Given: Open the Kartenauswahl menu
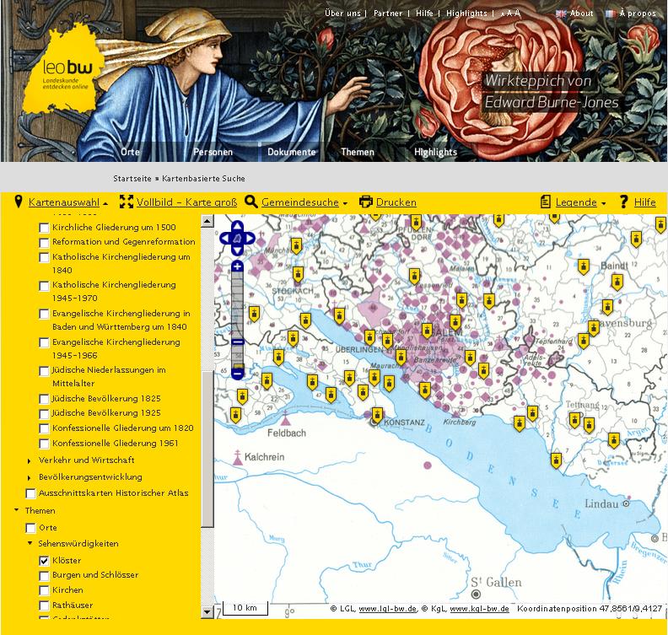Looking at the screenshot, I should (x=63, y=202).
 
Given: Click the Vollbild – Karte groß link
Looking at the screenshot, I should (x=186, y=202).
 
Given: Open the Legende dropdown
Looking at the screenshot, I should (x=576, y=202).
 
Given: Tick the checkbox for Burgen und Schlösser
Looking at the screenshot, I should (x=44, y=575).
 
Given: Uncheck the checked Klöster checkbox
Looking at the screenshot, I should (x=44, y=561).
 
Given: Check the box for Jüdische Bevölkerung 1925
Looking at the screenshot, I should (x=44, y=413).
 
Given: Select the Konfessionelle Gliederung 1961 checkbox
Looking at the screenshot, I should (x=44, y=444).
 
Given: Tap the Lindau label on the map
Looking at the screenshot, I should (x=602, y=504).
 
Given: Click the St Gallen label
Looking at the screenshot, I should (x=496, y=582).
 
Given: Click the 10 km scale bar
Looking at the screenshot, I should (x=245, y=607).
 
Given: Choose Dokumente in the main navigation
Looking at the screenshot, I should (x=291, y=153).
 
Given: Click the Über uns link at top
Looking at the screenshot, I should (x=342, y=13).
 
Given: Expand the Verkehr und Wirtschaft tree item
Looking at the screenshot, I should (x=30, y=460).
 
